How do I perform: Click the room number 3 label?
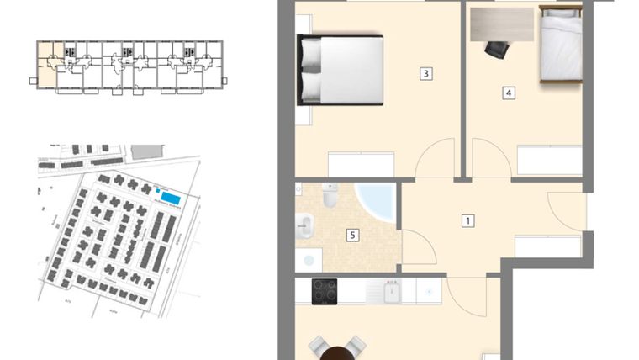pyautogui.click(x=426, y=74)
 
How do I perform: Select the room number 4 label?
pyautogui.click(x=509, y=93)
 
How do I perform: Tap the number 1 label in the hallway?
pyautogui.click(x=468, y=221)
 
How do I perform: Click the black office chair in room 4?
pyautogui.click(x=496, y=50)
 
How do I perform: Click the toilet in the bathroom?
pyautogui.click(x=330, y=196)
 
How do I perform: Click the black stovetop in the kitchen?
pyautogui.click(x=325, y=291)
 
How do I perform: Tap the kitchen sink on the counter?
pyautogui.click(x=393, y=292)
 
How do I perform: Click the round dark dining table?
pyautogui.click(x=338, y=353)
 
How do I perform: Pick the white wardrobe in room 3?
pyautogui.click(x=361, y=164)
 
